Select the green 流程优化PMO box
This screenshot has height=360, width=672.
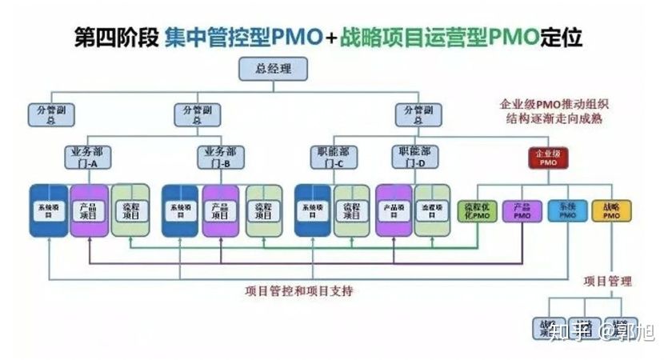point(478,210)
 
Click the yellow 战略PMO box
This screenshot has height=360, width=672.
point(611,210)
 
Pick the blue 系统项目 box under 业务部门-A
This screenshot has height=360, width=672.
point(47,210)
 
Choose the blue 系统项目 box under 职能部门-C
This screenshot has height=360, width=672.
point(313,210)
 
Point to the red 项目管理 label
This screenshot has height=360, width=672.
point(607,281)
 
